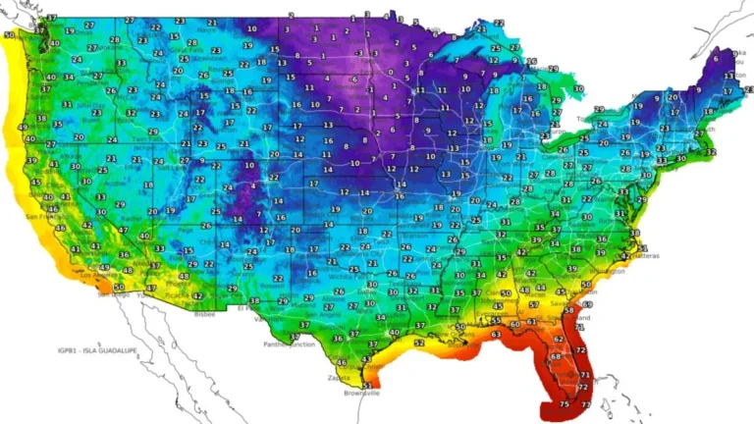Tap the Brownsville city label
(360, 394)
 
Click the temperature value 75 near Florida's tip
(564, 403)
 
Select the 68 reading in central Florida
(556, 356)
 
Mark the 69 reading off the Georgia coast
(588, 305)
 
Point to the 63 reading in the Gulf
(497, 335)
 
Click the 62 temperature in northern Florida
(558, 339)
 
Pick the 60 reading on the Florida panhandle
(514, 324)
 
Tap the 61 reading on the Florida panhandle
(531, 321)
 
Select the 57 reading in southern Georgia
(534, 305)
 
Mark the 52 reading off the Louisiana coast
(419, 343)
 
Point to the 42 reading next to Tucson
(197, 295)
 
